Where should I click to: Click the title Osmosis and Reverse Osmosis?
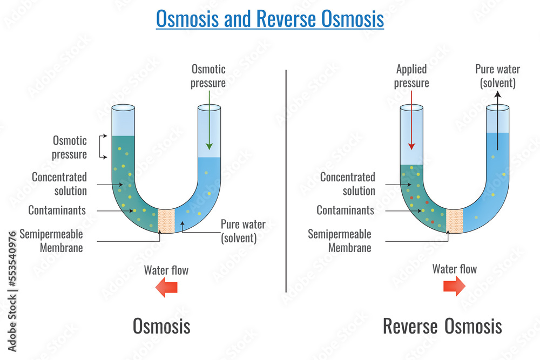[269, 19]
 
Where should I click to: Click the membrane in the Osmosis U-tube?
[166, 220]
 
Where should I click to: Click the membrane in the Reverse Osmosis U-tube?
[455, 220]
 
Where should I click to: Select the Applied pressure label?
[411, 76]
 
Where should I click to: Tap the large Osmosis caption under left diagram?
[161, 326]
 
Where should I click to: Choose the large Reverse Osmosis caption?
[442, 326]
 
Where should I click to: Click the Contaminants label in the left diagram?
[57, 210]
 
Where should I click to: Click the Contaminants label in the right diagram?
[345, 210]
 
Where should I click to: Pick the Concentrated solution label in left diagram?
[59, 184]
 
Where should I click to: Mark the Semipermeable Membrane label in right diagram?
[340, 241]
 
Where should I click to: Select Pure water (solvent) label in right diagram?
[497, 76]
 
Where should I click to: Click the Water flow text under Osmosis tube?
[166, 270]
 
